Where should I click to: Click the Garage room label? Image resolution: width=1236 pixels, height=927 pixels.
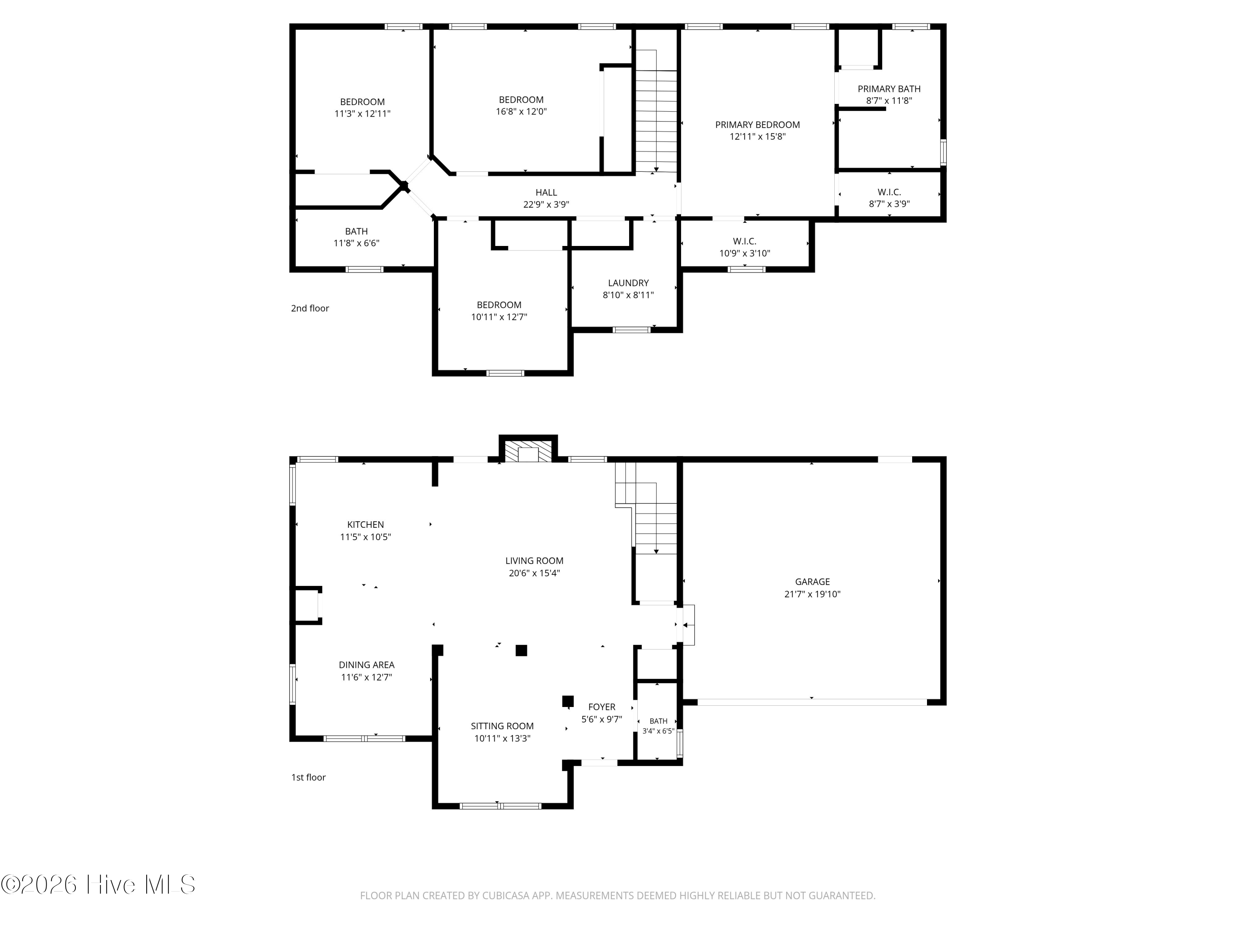point(812,582)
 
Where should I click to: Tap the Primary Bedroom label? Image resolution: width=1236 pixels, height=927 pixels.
point(757,124)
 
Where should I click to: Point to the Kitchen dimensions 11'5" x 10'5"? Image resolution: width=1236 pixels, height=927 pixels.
point(365,537)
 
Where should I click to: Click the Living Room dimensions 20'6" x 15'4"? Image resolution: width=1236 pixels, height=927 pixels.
point(534,573)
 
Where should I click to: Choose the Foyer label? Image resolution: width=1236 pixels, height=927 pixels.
point(602,707)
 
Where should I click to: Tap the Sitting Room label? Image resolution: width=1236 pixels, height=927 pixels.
point(502,726)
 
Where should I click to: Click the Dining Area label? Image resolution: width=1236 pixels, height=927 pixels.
point(367,665)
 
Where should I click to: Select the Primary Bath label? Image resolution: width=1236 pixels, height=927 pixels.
point(889,89)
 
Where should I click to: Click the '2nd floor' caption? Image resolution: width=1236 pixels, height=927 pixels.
point(310,309)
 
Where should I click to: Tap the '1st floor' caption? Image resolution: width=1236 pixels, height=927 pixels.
point(309,777)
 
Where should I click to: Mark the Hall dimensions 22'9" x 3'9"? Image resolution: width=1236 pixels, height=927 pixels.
point(546,204)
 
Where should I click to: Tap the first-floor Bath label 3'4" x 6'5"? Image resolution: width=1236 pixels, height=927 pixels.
point(658,721)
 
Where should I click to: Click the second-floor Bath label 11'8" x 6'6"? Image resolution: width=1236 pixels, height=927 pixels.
point(356,231)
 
